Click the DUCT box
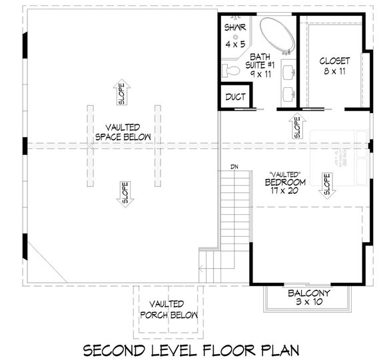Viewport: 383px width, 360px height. [234, 97]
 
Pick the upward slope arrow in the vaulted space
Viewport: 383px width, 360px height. [122, 92]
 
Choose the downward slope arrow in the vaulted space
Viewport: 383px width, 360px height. [124, 192]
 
